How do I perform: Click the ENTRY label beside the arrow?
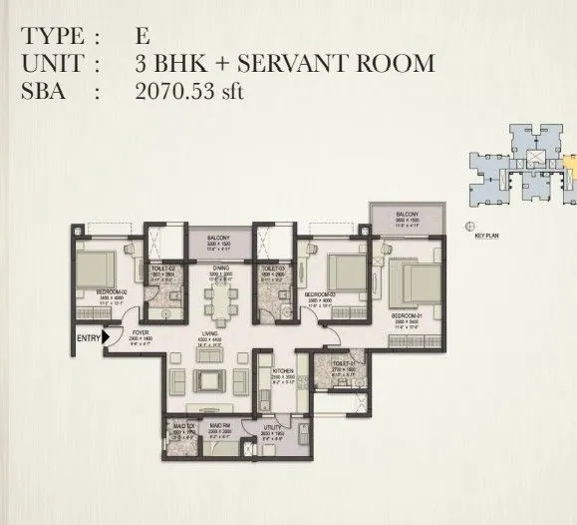pos(88,337)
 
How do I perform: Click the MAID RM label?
pos(220,425)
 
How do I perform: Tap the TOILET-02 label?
pos(165,268)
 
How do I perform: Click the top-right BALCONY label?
pos(407,214)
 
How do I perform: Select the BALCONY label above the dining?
pos(218,237)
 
